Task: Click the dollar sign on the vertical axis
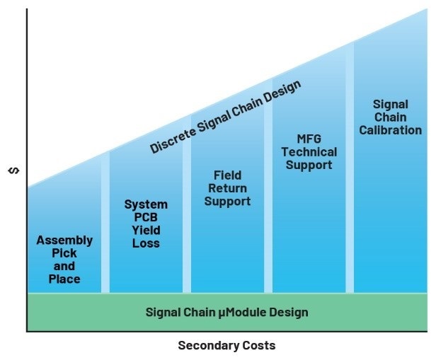click(x=14, y=170)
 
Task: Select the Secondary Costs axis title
click(x=226, y=345)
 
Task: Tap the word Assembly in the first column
click(x=64, y=240)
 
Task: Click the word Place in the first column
click(x=64, y=279)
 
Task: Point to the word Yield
click(x=146, y=231)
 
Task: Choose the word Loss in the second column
click(x=146, y=243)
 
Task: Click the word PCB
click(x=146, y=217)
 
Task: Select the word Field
click(x=227, y=175)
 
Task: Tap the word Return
click(x=227, y=188)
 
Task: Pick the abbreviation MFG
click(x=309, y=139)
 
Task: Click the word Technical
click(x=309, y=152)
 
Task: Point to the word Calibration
click(x=391, y=130)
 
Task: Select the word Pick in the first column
click(x=64, y=253)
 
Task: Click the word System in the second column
click(x=146, y=204)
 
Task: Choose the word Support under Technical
click(x=309, y=166)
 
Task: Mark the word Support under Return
click(x=227, y=202)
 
